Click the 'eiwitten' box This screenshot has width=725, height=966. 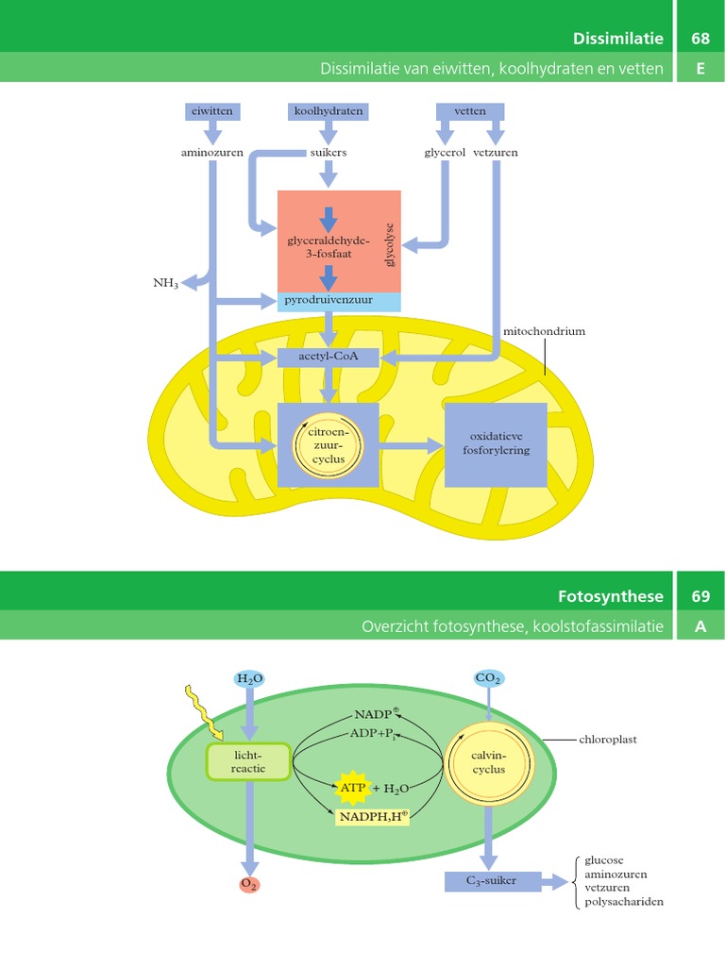coord(211,111)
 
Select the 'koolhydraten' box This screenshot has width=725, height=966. coord(328,111)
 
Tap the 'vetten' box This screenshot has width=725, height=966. coord(470,111)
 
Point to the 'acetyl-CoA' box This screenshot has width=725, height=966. coord(329,357)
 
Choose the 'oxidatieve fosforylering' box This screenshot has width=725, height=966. coord(496,444)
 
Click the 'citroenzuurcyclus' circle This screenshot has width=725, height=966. coord(329,445)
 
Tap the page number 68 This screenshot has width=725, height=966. coord(700,39)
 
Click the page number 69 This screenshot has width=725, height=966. coord(700,596)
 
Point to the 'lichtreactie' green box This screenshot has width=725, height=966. coord(249,762)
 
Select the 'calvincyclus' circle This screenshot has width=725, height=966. coord(489,762)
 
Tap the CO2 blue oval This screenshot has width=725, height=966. coord(488,678)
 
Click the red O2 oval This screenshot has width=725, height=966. coord(249,884)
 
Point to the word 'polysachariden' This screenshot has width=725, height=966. coord(624,902)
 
